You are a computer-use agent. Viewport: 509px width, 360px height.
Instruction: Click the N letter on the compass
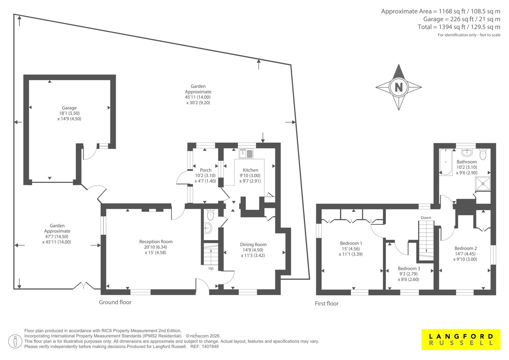[x=399, y=87]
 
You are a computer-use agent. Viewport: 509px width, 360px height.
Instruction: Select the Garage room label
[x=69, y=108]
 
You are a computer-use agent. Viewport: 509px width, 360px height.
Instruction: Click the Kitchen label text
[x=250, y=170]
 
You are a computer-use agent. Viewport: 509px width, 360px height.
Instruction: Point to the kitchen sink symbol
[x=246, y=153]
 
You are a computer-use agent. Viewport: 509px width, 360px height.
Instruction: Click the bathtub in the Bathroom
[x=446, y=162]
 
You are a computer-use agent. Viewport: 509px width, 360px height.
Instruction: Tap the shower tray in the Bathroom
[x=483, y=183]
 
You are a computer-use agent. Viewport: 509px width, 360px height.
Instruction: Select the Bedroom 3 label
[x=409, y=268]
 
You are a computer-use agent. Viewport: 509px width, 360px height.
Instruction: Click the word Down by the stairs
[x=426, y=218]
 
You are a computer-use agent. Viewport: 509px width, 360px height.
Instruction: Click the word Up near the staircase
[x=211, y=268]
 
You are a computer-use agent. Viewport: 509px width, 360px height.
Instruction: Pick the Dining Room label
[x=253, y=244]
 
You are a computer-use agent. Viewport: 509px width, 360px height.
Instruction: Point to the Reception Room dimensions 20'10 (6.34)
[x=156, y=247]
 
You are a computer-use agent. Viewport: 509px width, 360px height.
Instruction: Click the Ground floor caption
[x=115, y=302]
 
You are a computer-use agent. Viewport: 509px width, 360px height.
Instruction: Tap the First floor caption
[x=326, y=303]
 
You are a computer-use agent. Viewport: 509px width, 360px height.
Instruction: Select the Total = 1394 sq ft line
[x=459, y=27]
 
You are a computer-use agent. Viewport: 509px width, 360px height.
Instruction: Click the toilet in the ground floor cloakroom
[x=210, y=215]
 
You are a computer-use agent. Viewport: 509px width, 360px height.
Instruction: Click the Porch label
[x=206, y=170]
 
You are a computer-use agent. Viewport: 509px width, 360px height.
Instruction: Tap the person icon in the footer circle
[x=15, y=341]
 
